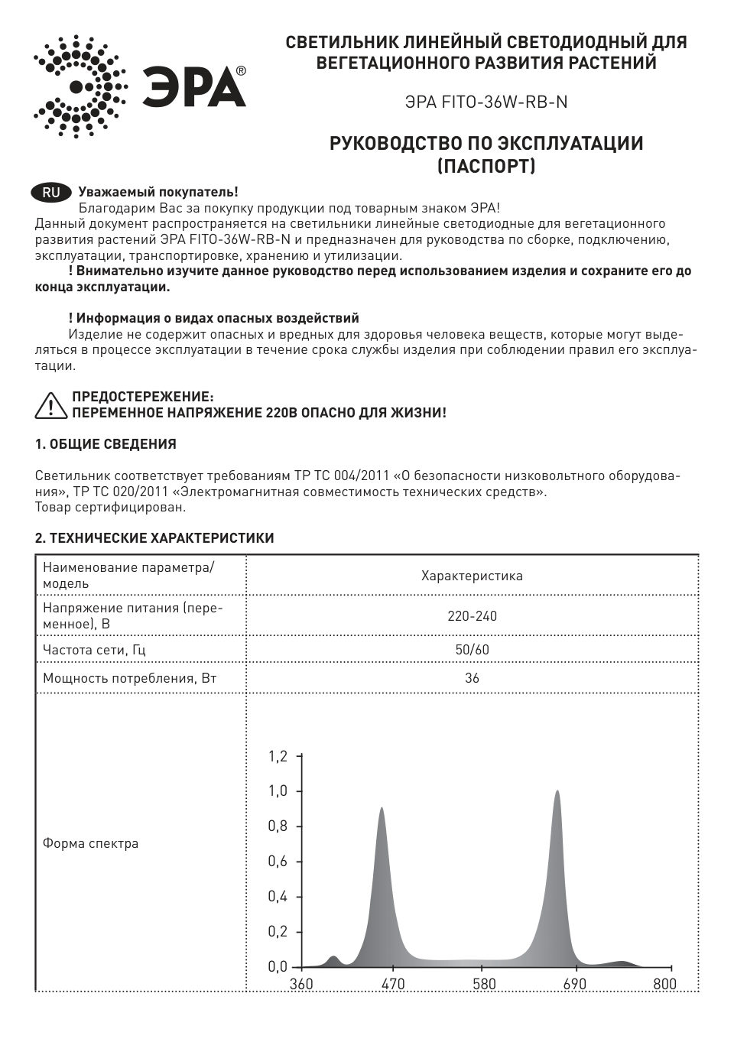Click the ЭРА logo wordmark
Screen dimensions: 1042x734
pos(194,86)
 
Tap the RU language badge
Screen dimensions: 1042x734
pos(51,193)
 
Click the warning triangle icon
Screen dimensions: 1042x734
pos(50,405)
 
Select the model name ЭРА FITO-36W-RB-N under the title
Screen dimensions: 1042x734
pos(486,102)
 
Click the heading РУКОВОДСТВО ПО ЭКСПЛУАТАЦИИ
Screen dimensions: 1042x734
pos(486,144)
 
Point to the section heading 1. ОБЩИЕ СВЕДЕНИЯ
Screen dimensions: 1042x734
pos(106,444)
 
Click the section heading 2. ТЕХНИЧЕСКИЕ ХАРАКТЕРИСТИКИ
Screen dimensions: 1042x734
pos(154,538)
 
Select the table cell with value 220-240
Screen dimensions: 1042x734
pos(472,616)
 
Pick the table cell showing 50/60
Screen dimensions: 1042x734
pos(472,650)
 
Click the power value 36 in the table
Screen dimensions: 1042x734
pos(472,678)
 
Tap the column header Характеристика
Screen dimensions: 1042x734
pos(472,576)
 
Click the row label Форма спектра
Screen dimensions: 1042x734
pos(90,844)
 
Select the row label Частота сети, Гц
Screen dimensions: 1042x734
pos(94,650)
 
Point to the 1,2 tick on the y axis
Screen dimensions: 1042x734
pos(278,756)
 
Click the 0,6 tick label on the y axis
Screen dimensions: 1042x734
pos(278,862)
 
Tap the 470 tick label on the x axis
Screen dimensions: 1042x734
pos(392,984)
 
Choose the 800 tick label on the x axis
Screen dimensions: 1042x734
pos(664,984)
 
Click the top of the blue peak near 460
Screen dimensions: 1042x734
pos(382,808)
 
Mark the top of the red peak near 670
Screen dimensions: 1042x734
pos(557,791)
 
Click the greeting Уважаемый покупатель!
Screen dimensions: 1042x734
pos(158,193)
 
